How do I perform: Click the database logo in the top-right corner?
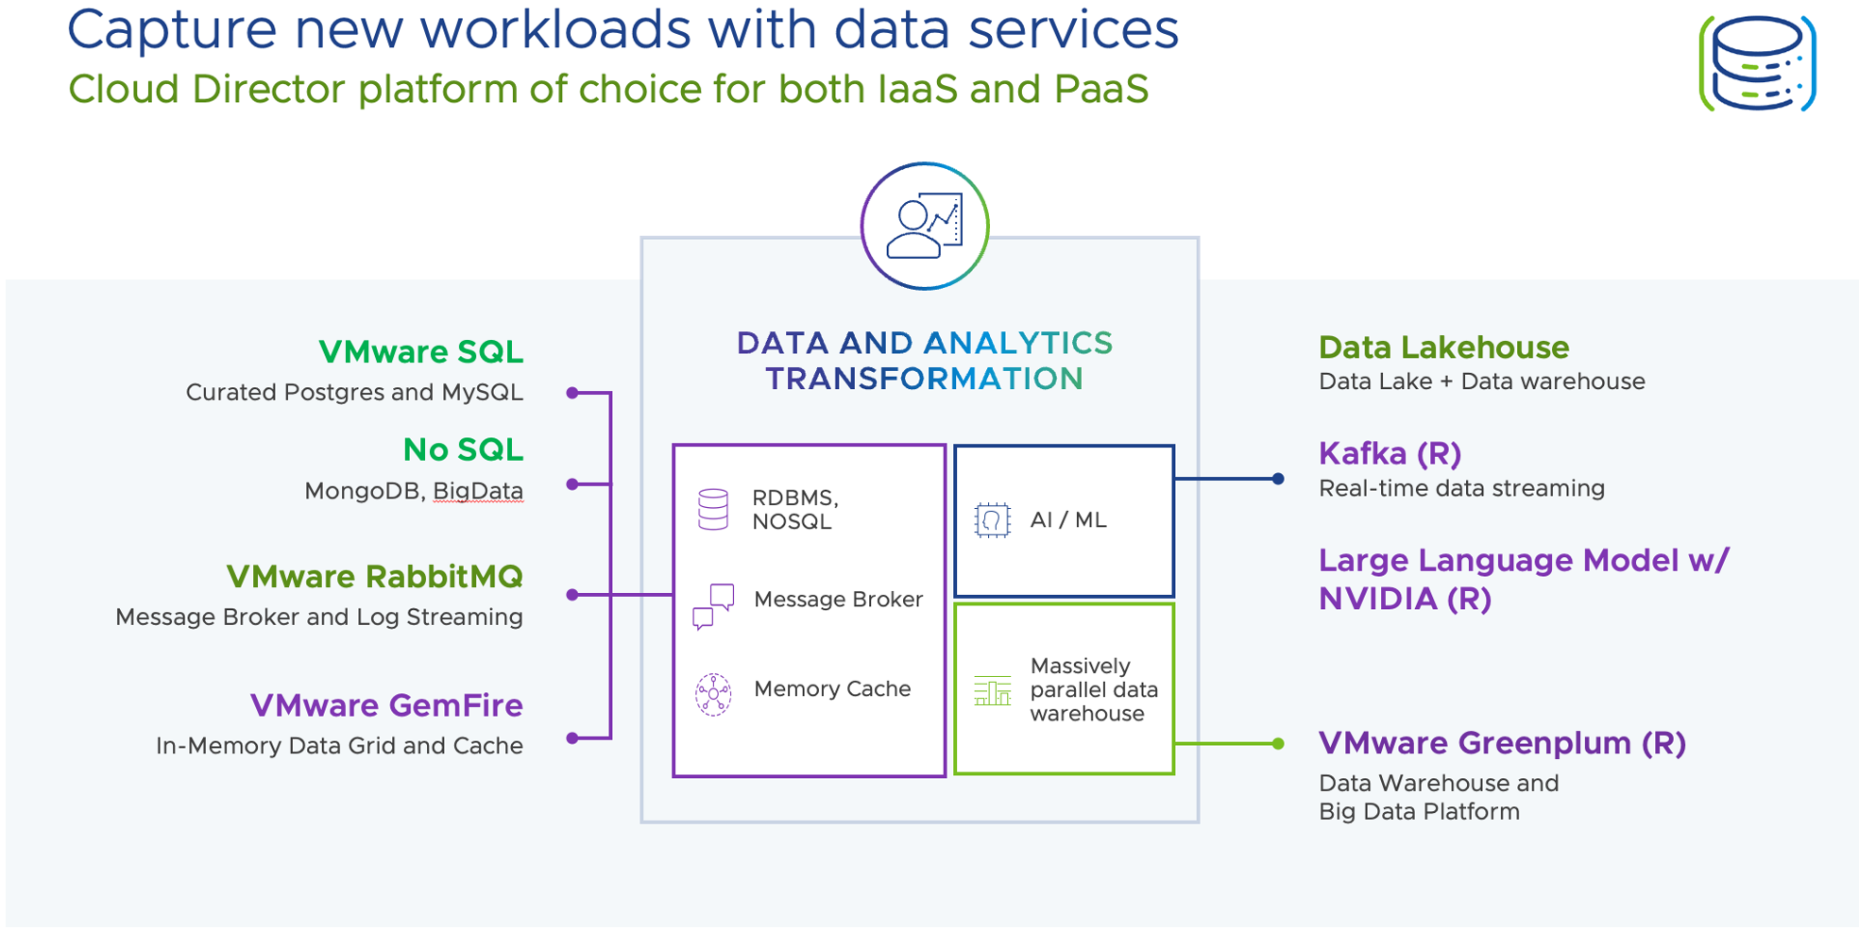(1757, 63)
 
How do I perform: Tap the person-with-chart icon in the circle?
(925, 227)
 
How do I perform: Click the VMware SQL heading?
(420, 352)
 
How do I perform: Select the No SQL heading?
(463, 450)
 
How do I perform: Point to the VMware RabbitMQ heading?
(374, 577)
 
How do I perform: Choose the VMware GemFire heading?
(386, 705)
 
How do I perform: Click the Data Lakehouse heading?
(1443, 347)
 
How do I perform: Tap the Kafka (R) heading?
(1390, 454)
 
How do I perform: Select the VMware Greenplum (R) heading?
(1502, 743)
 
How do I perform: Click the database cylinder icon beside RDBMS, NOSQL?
(713, 509)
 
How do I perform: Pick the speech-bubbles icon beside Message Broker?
(713, 605)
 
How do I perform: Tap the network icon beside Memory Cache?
(713, 694)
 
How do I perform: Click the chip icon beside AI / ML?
(992, 520)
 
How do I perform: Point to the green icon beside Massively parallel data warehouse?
(992, 691)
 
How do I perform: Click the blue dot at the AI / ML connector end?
(1278, 479)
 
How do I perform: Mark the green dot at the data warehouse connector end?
(1278, 744)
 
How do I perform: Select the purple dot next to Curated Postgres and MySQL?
(572, 393)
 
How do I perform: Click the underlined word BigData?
(478, 491)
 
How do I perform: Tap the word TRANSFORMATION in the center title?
(924, 380)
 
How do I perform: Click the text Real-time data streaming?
(1461, 488)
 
